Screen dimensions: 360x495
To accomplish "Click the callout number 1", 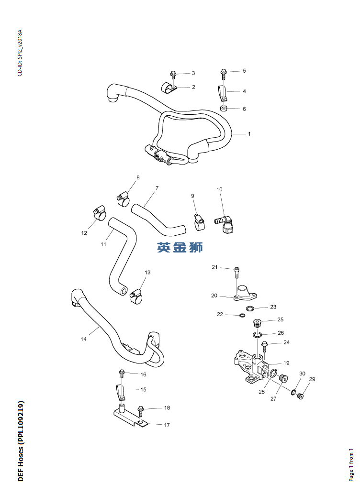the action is click(x=249, y=134).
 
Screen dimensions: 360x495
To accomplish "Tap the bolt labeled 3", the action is click(x=173, y=75).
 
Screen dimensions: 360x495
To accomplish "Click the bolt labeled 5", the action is click(x=224, y=75).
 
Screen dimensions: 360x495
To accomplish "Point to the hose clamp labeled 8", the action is click(x=123, y=199).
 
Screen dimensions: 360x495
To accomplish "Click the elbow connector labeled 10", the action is click(x=225, y=223).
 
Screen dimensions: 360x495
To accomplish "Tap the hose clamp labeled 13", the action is click(x=136, y=296).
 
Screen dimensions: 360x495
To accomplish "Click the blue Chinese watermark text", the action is click(x=180, y=247).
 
